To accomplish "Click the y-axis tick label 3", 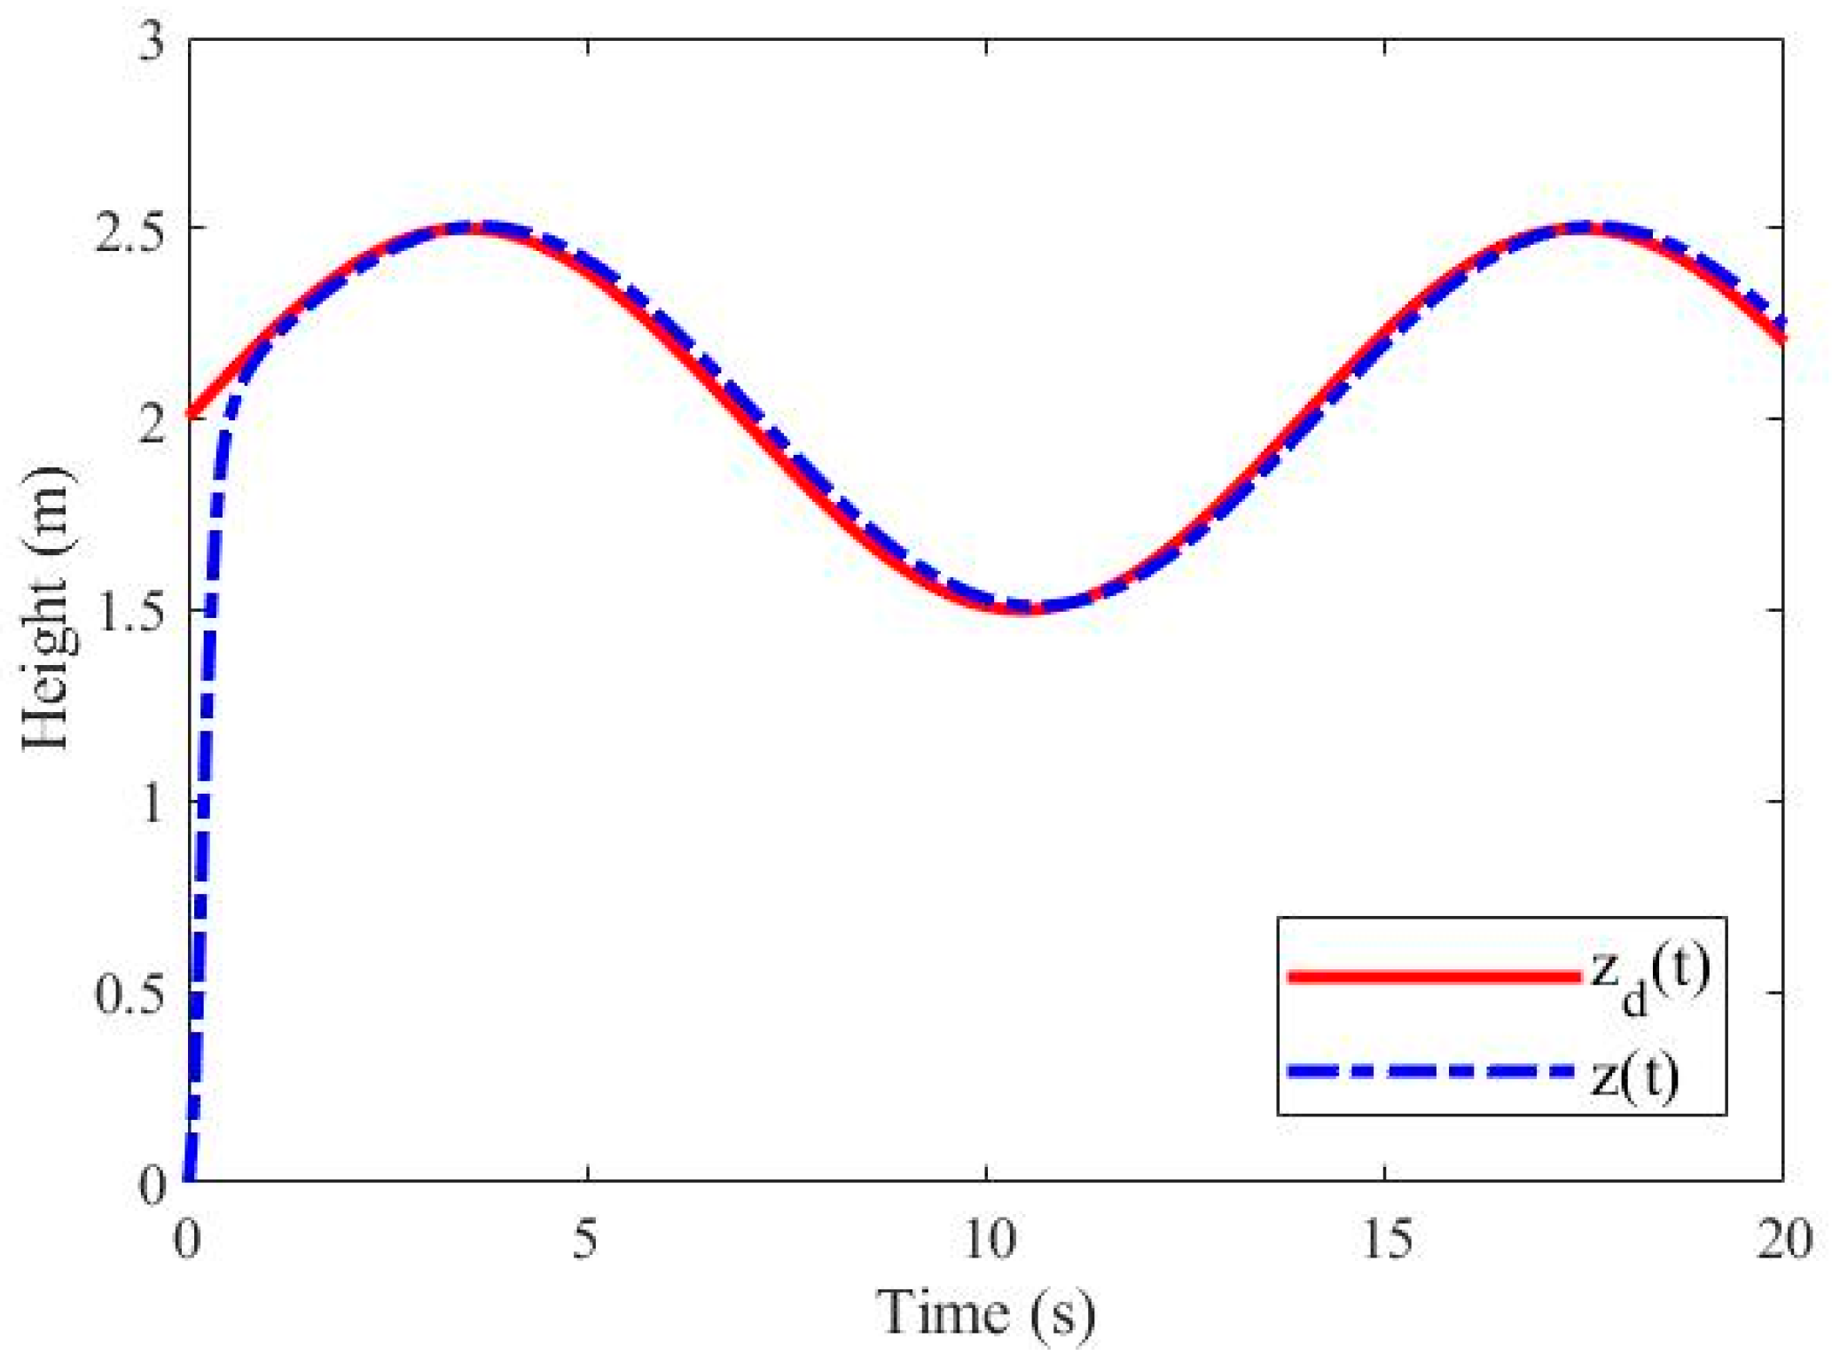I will (153, 41).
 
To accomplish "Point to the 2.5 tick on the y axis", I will (129, 230).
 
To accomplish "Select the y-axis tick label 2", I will (153, 421).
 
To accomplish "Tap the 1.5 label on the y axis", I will (129, 611).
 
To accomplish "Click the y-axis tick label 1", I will (153, 803).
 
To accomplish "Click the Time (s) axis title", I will (986, 1312).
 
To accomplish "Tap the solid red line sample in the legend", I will (1433, 976).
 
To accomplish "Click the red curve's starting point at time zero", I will (190, 414).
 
